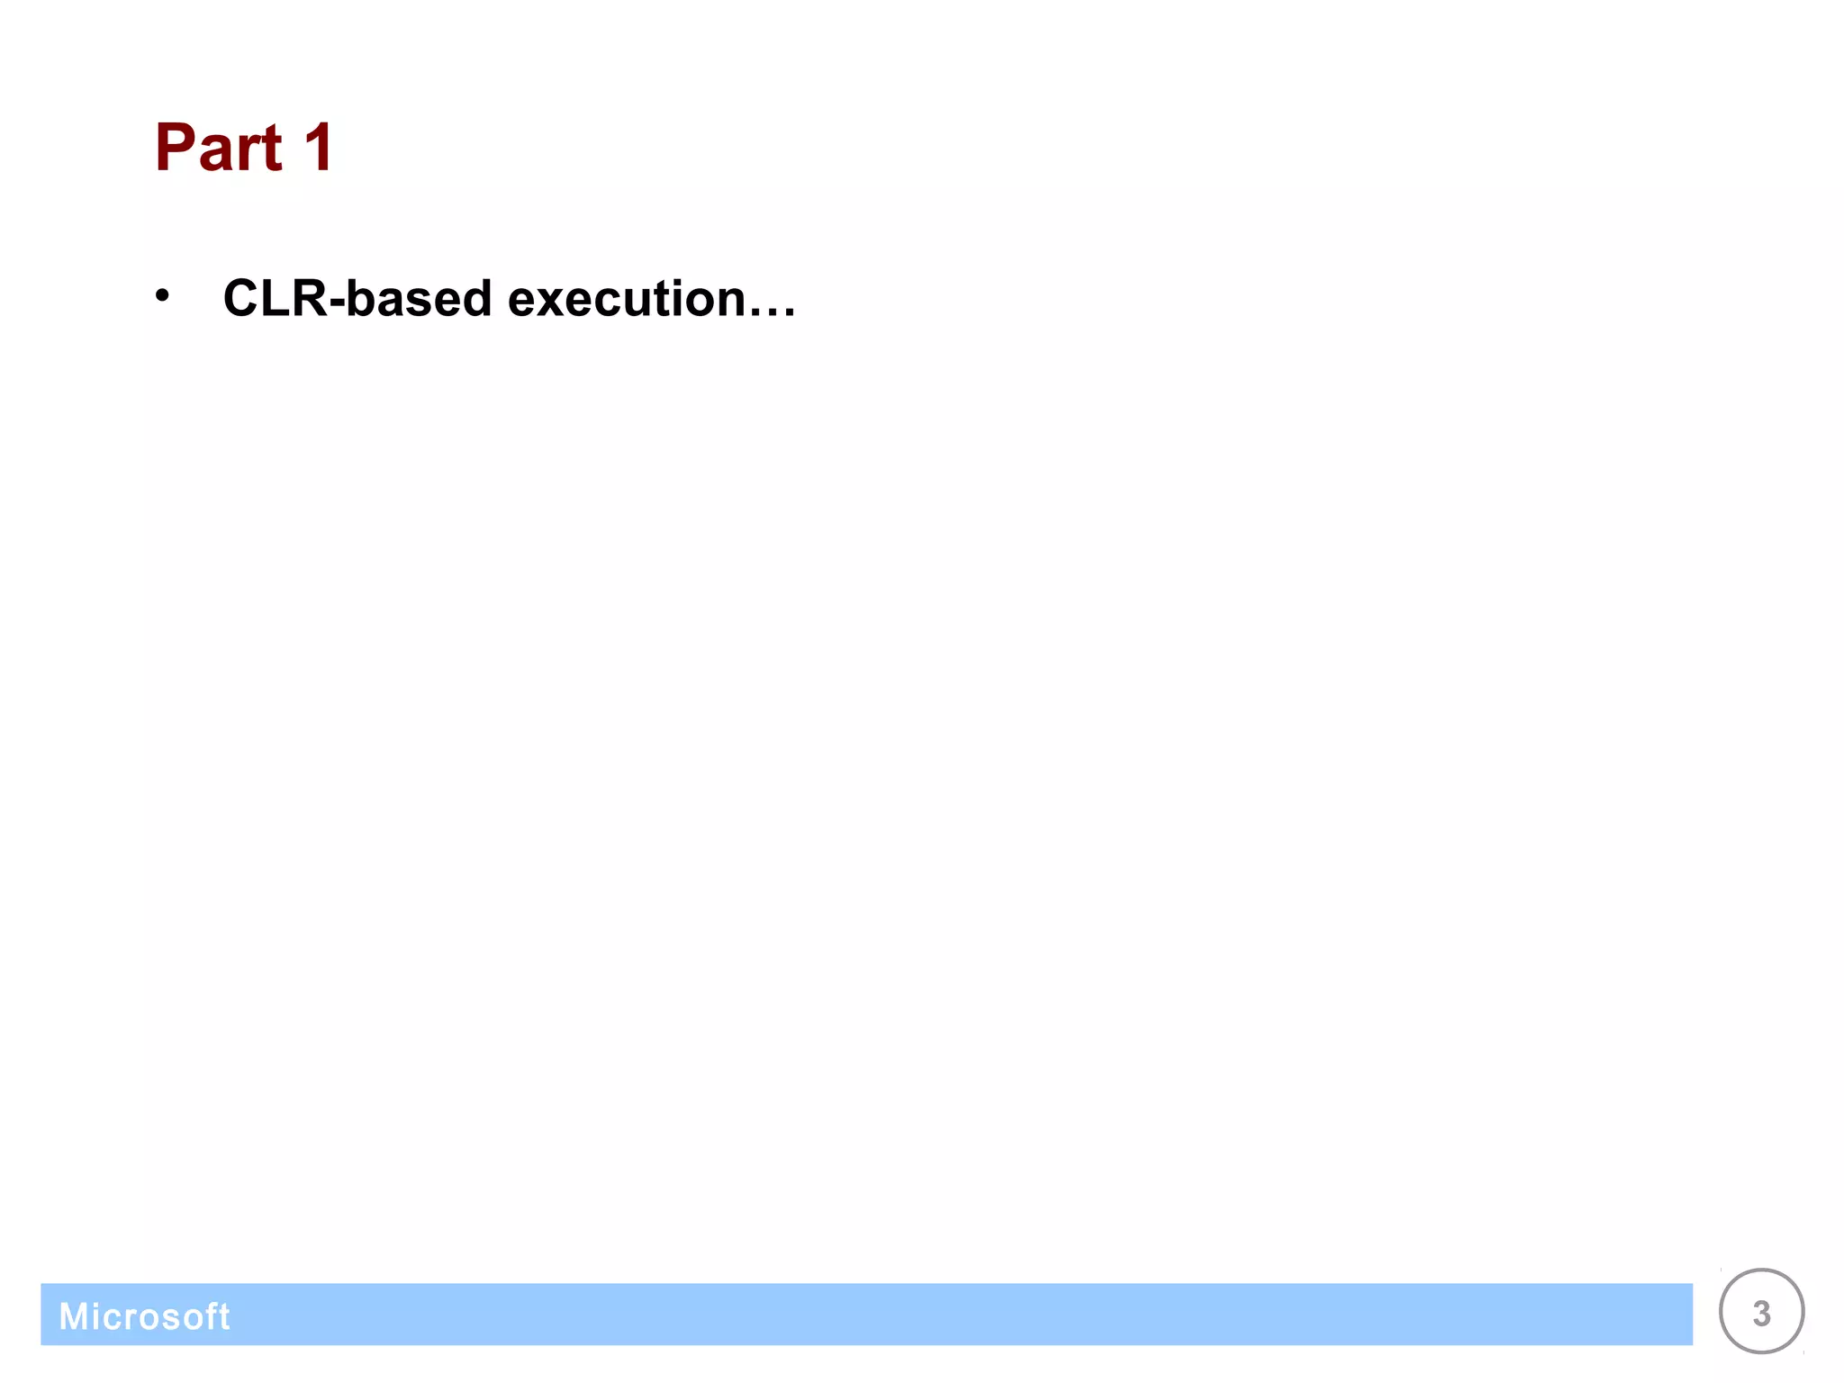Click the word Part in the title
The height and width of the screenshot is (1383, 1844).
coord(219,148)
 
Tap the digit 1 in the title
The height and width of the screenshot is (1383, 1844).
coord(319,148)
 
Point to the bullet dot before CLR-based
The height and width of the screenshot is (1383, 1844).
coord(162,295)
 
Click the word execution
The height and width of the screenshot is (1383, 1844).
coord(627,298)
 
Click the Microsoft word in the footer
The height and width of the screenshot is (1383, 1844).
coord(144,1316)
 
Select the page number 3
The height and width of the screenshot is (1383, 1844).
coord(1761,1314)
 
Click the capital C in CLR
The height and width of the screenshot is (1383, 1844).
coord(242,298)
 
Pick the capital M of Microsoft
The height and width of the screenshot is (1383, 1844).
coord(74,1316)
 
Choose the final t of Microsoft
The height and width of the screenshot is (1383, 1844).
coord(224,1316)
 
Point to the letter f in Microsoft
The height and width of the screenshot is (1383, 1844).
coord(212,1315)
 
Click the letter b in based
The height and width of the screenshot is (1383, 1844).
coord(362,298)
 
